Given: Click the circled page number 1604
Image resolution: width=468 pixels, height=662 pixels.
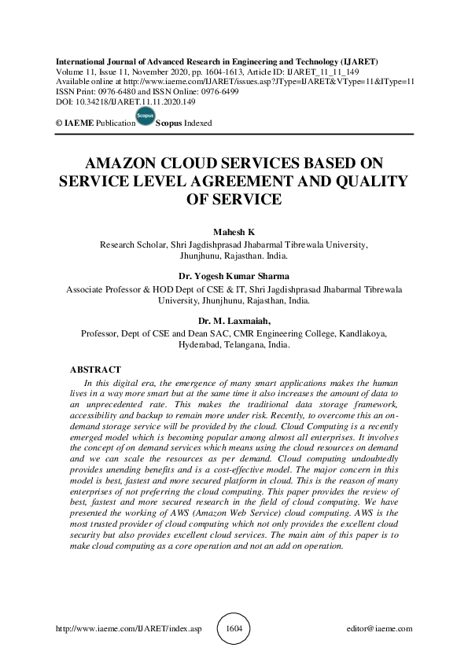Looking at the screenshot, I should click(234, 629).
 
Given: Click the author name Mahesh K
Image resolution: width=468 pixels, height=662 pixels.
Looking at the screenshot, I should click(234, 233).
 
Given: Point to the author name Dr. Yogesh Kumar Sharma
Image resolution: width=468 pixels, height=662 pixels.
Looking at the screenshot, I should click(234, 277).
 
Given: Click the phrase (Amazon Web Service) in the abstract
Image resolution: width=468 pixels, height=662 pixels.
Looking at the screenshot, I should click(221, 510).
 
